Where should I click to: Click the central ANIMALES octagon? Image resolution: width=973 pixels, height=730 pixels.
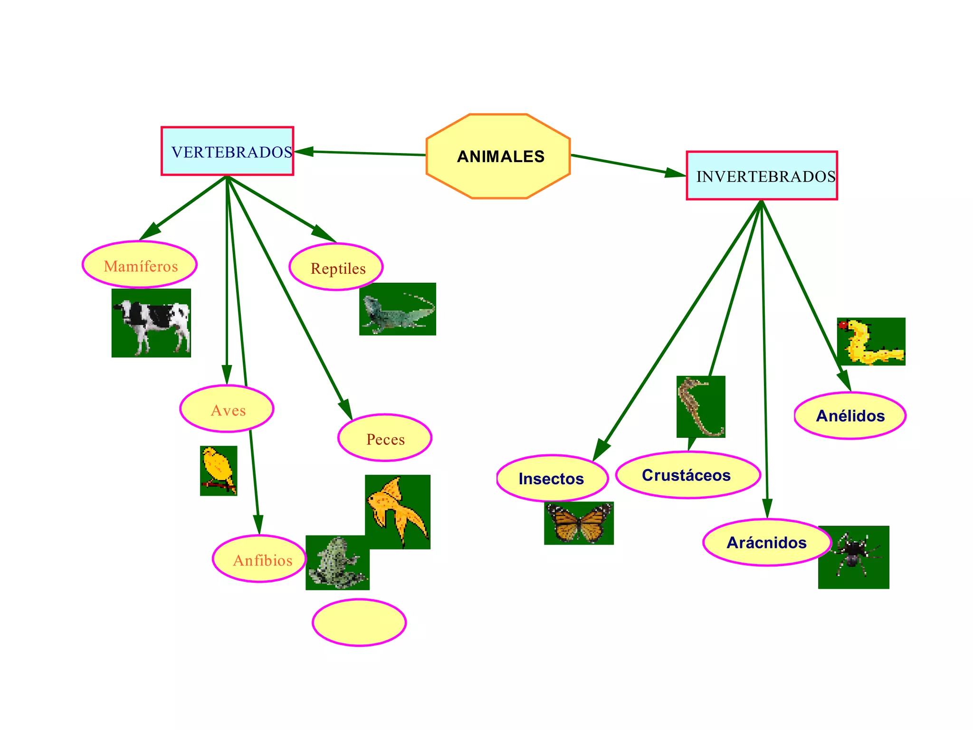tap(498, 156)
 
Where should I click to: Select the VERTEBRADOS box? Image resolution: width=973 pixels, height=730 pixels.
tap(227, 151)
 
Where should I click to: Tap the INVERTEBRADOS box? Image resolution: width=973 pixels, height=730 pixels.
tap(762, 176)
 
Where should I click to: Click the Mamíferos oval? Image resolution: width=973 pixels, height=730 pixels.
tap(140, 265)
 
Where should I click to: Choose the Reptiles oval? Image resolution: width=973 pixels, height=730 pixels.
tap(336, 267)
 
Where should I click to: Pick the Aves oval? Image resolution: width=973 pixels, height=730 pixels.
tap(227, 409)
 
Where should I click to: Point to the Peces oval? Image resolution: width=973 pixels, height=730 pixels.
tap(385, 438)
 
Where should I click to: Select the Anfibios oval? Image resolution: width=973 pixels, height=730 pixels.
tap(259, 559)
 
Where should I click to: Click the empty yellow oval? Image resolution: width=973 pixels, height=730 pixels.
tap(359, 623)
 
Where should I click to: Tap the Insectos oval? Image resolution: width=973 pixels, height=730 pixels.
tap(552, 478)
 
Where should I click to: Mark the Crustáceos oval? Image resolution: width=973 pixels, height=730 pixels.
tap(688, 475)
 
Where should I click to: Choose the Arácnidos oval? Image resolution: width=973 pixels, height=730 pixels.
tap(767, 542)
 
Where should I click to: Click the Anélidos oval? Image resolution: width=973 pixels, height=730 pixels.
tap(850, 416)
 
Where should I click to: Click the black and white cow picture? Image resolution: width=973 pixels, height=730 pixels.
tap(151, 323)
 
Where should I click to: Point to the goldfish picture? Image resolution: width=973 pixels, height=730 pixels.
tap(398, 511)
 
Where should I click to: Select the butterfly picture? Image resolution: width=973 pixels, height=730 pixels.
tap(579, 523)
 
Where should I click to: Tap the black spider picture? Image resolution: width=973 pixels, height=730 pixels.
tap(853, 557)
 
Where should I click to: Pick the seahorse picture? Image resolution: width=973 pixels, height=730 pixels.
tap(701, 406)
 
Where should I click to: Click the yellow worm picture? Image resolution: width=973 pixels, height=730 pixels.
tap(871, 341)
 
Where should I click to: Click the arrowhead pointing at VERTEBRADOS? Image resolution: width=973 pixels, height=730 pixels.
tap(304, 152)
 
